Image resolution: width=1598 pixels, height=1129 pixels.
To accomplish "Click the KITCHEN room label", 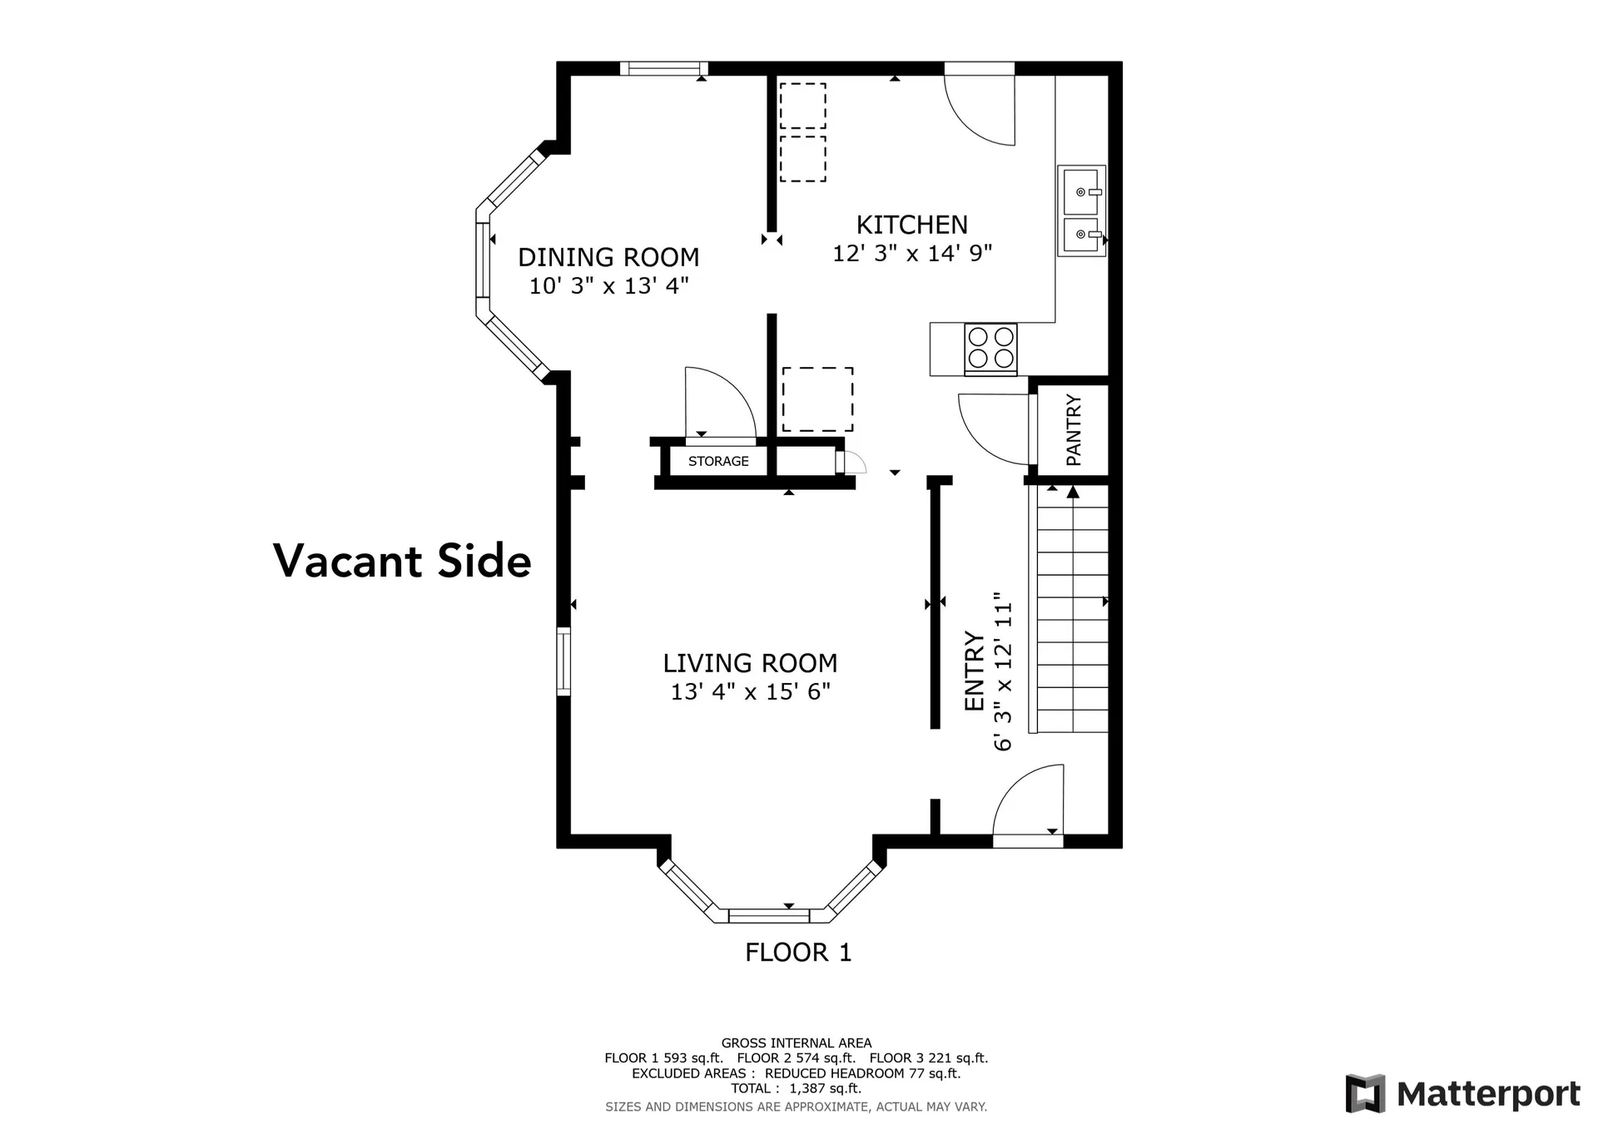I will point(911,225).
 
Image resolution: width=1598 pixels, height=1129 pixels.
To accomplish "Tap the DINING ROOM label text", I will point(608,257).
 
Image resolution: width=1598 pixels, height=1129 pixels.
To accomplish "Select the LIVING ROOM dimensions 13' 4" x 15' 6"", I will point(750,691).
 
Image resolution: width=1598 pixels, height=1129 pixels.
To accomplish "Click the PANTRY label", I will point(1074,429).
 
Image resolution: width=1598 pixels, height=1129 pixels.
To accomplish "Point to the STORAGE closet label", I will point(718,461).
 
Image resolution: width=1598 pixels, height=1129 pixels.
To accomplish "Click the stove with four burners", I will point(990,348).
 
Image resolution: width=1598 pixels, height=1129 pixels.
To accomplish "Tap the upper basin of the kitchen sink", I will point(1080,192).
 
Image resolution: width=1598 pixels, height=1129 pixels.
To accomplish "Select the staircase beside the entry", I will point(1073,609).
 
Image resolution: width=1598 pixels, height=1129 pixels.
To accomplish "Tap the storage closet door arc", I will point(717,401).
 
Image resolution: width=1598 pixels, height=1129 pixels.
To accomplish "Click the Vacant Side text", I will point(402,561).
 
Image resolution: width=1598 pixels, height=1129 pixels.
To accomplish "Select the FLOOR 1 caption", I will point(798,952).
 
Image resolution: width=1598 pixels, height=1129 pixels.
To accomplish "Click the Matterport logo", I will point(1462,1093).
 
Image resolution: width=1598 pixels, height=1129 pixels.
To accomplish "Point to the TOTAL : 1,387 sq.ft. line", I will point(796,1088).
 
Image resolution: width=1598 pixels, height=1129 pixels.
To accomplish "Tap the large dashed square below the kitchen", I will point(817,399).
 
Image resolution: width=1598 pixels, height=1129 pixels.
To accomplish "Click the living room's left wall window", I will point(563,662).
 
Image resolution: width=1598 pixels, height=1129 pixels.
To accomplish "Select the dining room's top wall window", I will point(663,69).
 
